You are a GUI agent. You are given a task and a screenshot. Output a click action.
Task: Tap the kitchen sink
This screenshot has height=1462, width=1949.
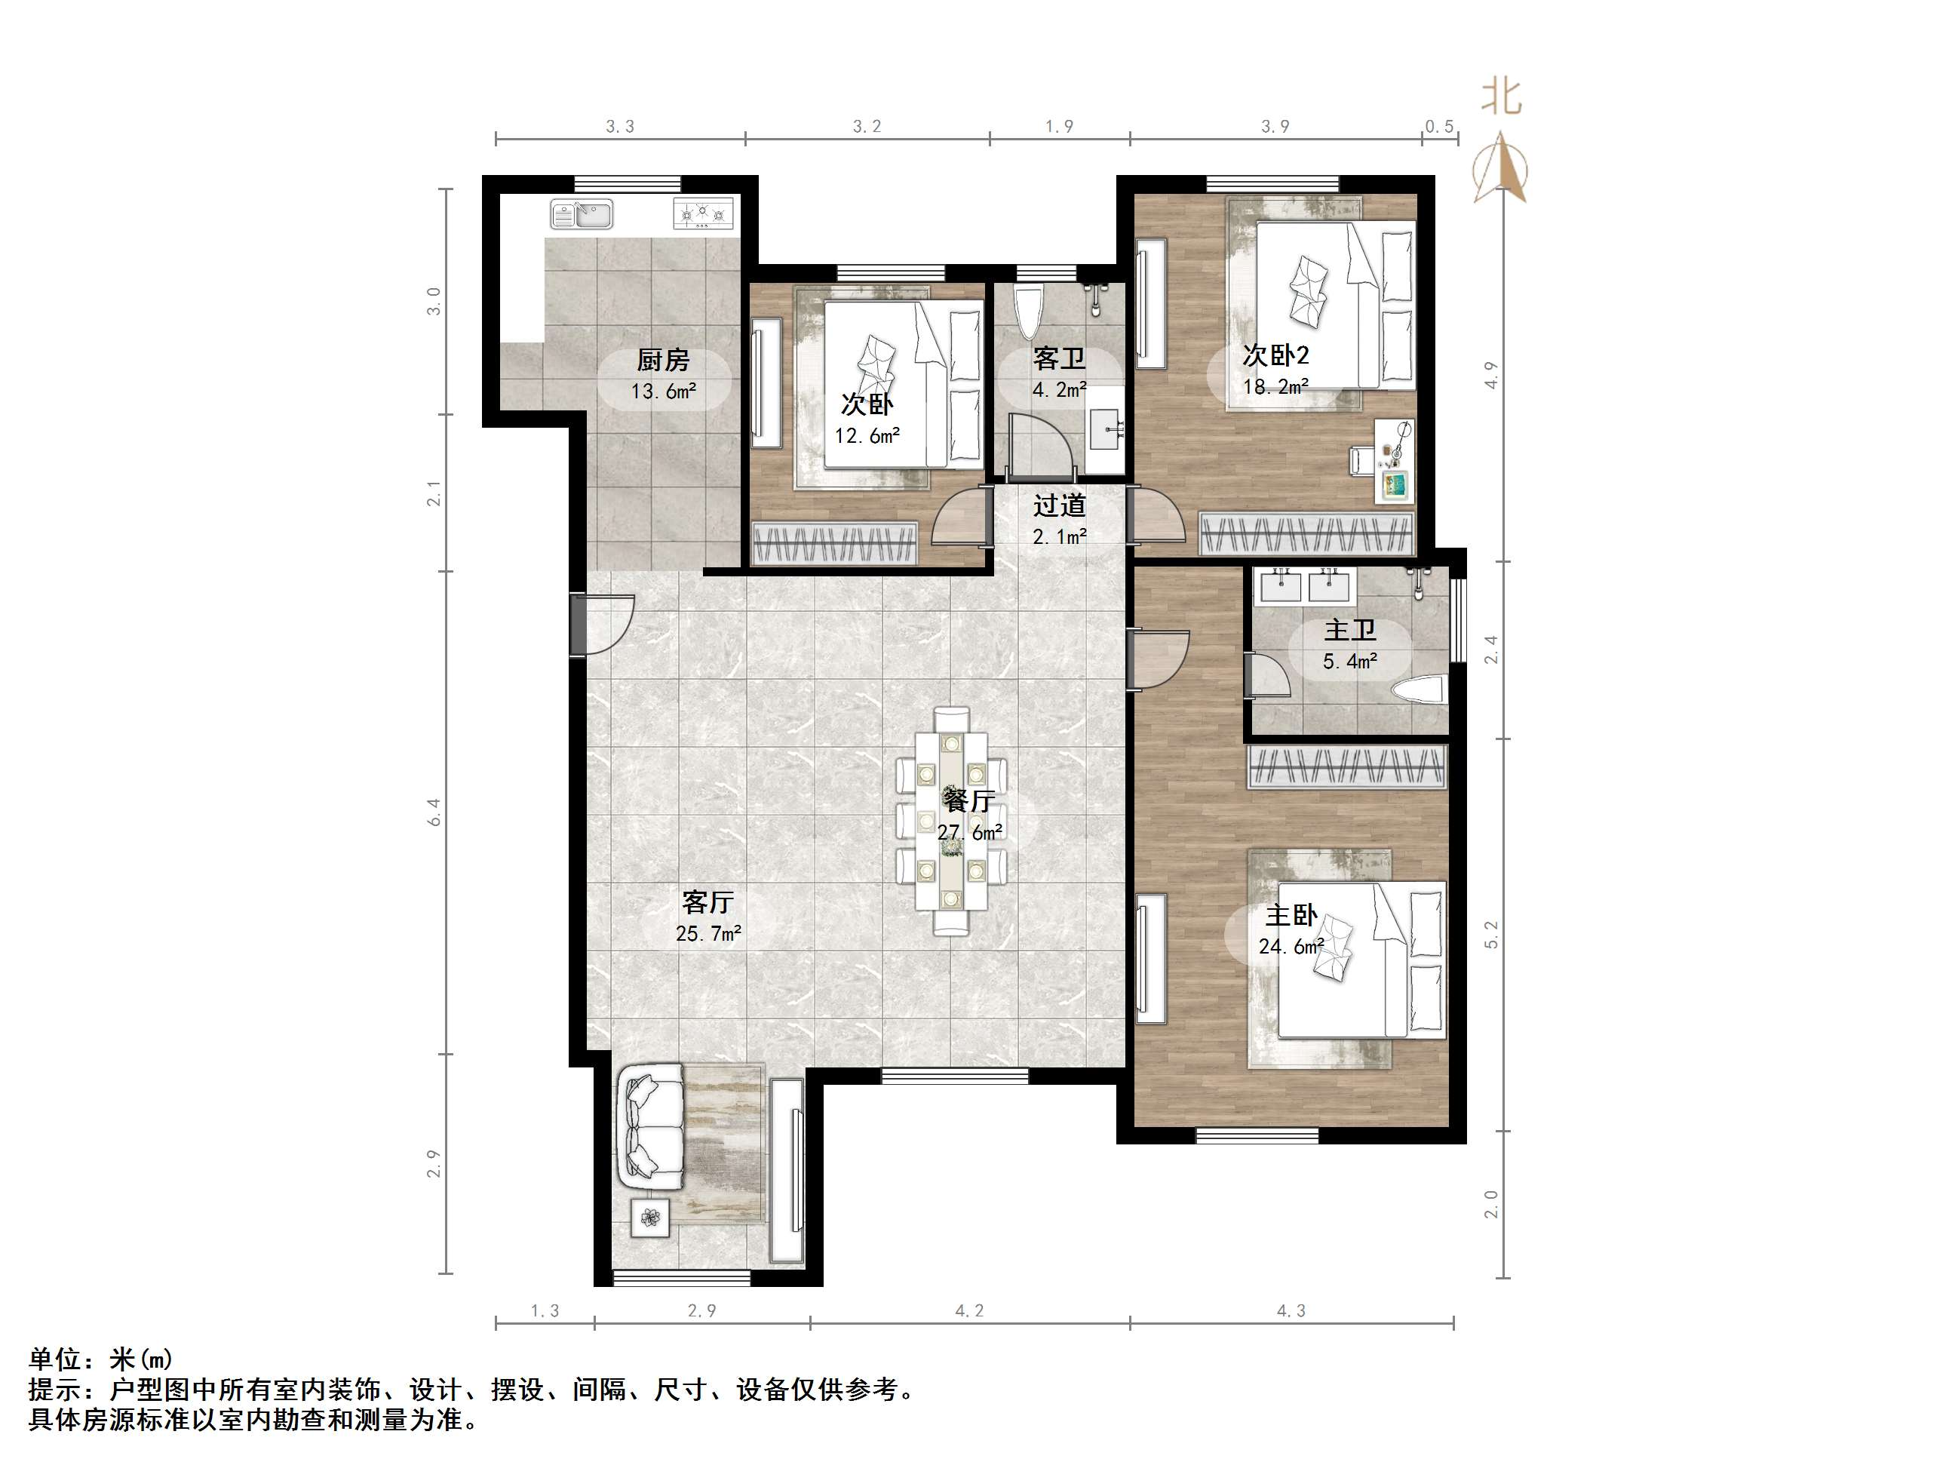tap(582, 214)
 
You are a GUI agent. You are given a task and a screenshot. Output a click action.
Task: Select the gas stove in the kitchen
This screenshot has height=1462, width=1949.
tap(703, 213)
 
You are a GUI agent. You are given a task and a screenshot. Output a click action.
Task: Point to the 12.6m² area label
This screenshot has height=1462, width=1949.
tap(867, 435)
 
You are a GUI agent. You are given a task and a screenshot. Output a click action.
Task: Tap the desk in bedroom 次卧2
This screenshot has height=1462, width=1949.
tap(1394, 461)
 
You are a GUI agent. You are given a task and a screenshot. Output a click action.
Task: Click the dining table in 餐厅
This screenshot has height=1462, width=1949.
tap(952, 819)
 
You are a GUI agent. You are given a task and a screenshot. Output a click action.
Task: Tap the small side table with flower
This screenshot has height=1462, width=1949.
tap(650, 1218)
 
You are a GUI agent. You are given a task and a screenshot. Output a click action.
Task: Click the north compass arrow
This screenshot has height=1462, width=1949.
tap(1500, 167)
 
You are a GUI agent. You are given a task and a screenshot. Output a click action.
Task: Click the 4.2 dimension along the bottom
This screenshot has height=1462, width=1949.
tap(969, 1311)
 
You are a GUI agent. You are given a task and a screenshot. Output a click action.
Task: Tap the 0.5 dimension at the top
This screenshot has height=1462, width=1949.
tap(1439, 127)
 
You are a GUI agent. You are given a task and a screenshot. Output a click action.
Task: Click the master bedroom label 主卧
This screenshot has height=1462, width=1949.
tap(1291, 916)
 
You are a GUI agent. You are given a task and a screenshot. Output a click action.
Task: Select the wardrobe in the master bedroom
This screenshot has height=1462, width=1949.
tap(1347, 766)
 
